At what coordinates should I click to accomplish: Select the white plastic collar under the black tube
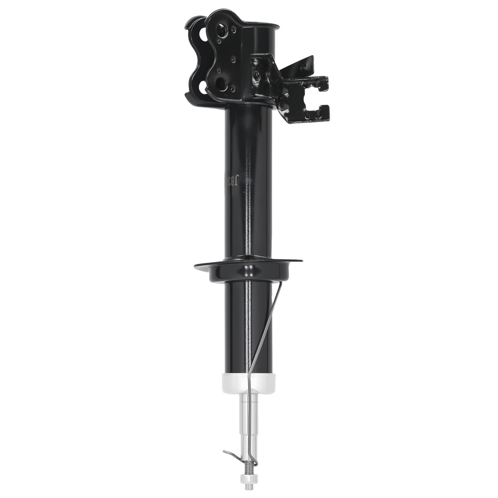(x=248, y=384)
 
